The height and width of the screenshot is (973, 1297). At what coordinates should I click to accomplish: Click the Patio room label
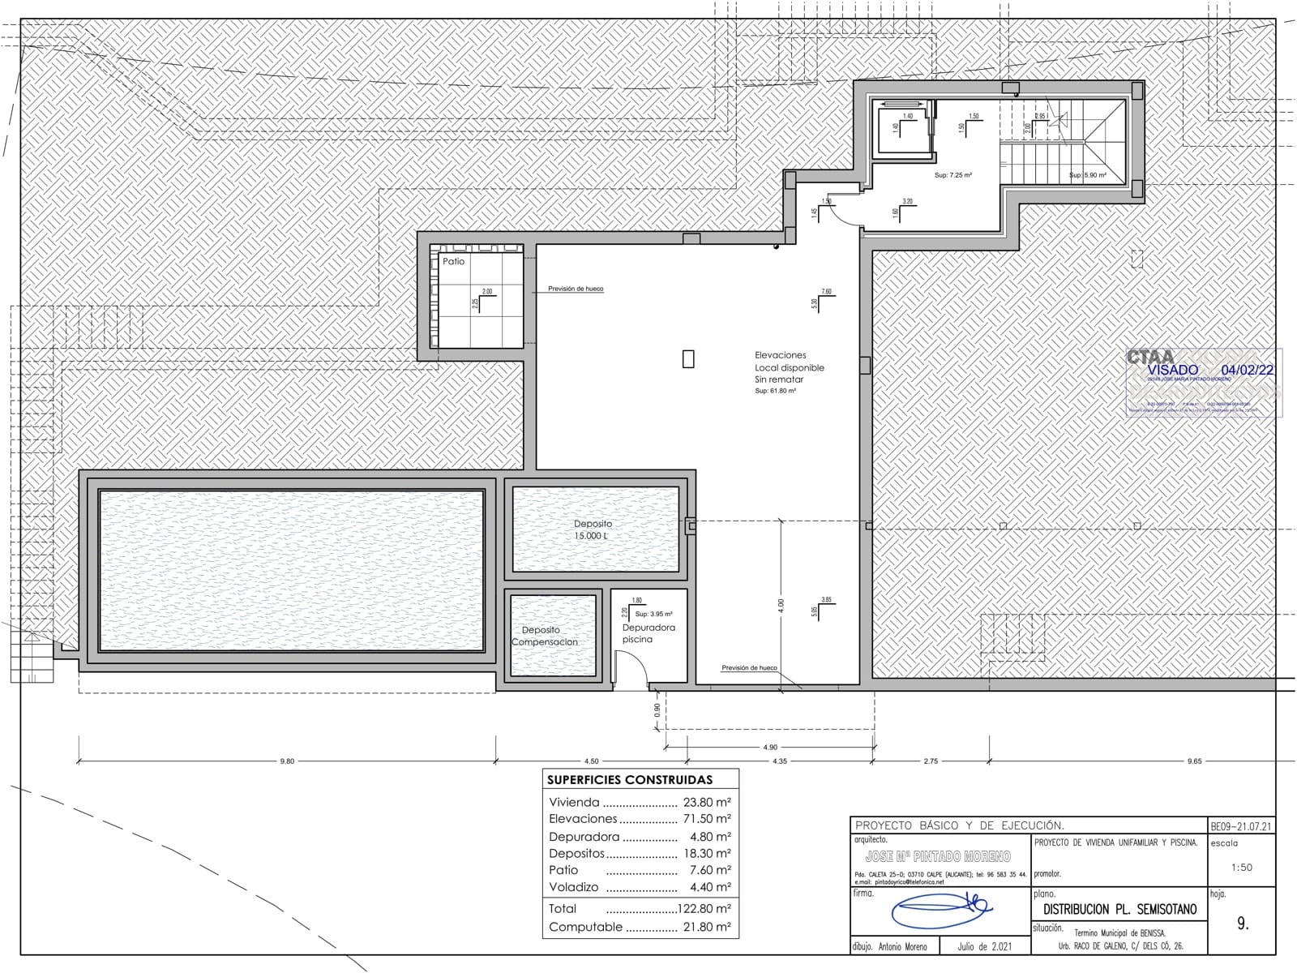(x=454, y=261)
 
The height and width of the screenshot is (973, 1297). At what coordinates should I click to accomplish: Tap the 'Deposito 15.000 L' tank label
(x=593, y=529)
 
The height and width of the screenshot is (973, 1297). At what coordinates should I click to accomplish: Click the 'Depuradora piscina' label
(x=648, y=632)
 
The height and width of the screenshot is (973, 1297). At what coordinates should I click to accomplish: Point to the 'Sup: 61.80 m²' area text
(x=775, y=391)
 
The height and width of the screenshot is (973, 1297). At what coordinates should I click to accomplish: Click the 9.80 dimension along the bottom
(x=287, y=761)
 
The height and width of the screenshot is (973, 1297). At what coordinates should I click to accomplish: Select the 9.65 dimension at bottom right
(x=1193, y=761)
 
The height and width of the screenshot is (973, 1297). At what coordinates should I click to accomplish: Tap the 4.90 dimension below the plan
(x=769, y=747)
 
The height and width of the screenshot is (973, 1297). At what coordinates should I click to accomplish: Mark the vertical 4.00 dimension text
(x=781, y=606)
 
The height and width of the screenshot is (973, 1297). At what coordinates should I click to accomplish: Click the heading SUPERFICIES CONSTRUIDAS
(x=630, y=779)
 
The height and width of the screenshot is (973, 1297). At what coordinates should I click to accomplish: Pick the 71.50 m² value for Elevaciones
(x=707, y=819)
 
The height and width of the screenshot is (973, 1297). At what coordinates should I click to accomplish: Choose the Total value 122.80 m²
(x=701, y=909)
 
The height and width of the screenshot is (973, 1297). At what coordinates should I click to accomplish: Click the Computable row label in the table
(x=585, y=927)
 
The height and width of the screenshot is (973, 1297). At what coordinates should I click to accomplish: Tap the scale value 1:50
(x=1241, y=867)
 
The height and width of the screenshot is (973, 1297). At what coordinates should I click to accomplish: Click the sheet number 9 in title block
(x=1242, y=924)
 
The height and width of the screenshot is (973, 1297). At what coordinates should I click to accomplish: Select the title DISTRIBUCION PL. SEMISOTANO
(x=1119, y=910)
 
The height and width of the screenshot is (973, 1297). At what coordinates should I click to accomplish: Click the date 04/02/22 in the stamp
(x=1246, y=370)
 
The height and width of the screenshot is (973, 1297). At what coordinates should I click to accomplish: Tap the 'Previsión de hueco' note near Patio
(x=575, y=289)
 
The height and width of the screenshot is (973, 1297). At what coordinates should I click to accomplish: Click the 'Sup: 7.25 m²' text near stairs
(x=952, y=175)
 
